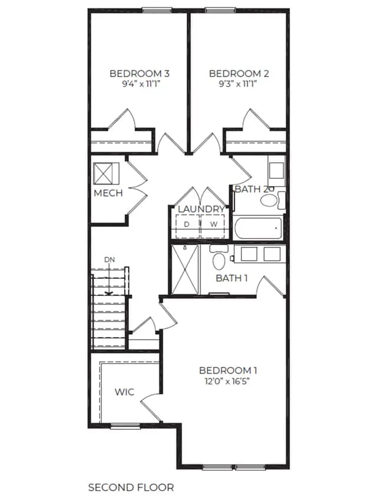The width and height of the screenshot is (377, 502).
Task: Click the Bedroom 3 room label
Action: [140, 74]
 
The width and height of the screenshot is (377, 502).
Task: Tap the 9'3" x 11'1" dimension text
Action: [239, 84]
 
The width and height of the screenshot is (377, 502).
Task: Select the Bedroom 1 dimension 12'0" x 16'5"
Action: [227, 381]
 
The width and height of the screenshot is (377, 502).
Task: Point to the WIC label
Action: [124, 392]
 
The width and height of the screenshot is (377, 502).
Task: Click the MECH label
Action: [108, 193]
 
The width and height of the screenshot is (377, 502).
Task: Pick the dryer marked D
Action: [188, 226]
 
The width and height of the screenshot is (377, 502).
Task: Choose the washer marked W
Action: [213, 226]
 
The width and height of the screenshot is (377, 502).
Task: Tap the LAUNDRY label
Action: [201, 209]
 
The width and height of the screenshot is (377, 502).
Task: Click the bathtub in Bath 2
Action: [258, 228]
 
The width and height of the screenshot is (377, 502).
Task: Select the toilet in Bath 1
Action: [219, 257]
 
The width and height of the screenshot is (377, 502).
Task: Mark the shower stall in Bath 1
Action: [186, 270]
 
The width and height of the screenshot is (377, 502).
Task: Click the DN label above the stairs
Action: [110, 260]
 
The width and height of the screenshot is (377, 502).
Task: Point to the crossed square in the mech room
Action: [106, 174]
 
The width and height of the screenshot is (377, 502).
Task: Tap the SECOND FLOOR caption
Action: [131, 487]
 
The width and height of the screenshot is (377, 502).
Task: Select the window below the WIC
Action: [125, 426]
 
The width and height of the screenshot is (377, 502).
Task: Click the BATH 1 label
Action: [232, 278]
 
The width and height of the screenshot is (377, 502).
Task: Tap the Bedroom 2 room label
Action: [239, 74]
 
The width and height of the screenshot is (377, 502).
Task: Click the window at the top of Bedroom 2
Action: [220, 11]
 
